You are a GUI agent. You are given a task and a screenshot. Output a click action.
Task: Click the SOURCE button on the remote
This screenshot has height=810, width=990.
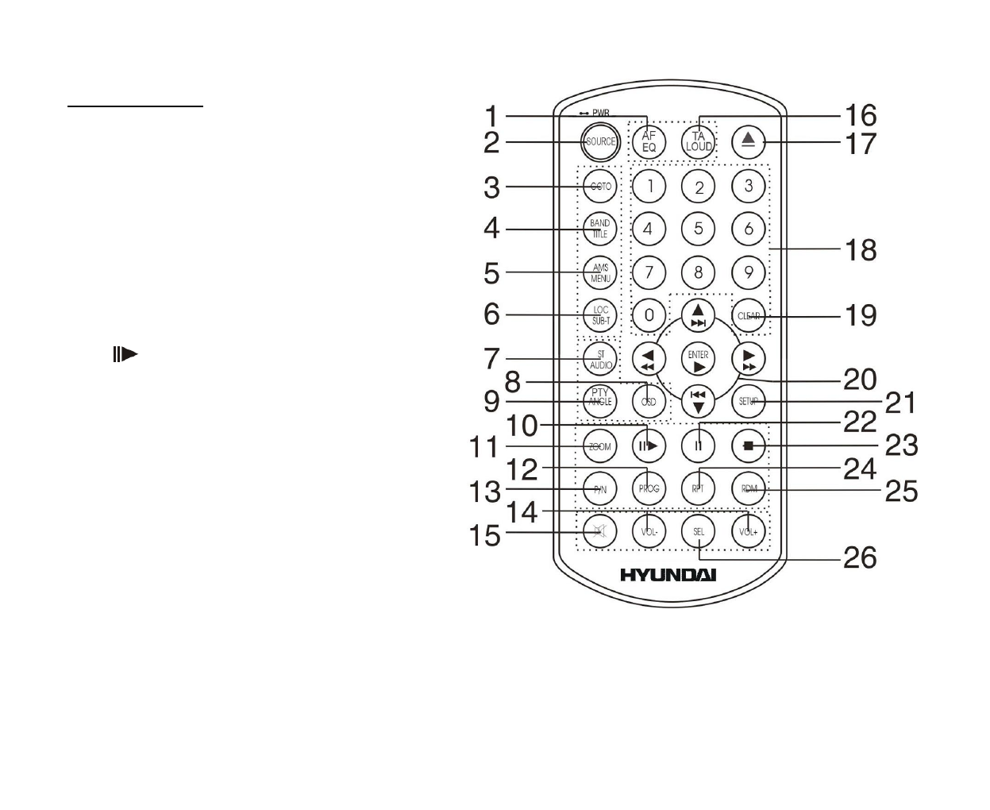(599, 142)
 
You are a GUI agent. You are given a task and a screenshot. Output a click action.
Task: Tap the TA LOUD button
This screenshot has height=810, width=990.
(699, 142)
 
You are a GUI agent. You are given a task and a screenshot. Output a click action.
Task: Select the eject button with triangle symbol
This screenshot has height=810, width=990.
(748, 142)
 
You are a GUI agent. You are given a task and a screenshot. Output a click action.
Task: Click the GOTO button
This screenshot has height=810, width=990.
(599, 186)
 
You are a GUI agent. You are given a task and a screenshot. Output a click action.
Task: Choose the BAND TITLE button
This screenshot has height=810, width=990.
(599, 229)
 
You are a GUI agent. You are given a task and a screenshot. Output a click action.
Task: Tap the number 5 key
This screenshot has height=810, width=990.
(699, 229)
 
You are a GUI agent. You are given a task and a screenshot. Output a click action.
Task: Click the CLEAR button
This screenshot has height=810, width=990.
(748, 315)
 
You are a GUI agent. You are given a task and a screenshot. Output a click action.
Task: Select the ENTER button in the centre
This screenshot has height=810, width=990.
(698, 360)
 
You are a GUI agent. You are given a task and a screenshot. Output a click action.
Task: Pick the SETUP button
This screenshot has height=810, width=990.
(748, 402)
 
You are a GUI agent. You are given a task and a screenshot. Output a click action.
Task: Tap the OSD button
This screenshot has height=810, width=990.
(649, 402)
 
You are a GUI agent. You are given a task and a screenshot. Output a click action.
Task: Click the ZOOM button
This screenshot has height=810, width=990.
(599, 446)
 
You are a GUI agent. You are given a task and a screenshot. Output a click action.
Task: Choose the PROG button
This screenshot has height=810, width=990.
(649, 489)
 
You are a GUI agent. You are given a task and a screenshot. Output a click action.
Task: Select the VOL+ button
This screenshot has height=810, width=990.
(748, 532)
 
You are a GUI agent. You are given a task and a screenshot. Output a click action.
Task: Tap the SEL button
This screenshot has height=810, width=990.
(699, 532)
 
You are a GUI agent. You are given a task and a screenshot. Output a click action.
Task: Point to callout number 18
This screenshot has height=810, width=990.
(860, 250)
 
